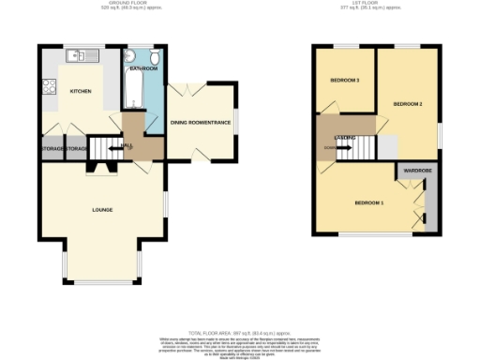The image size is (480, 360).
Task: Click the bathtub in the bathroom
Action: pos(131,92)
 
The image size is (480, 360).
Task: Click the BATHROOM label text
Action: pos(143,69)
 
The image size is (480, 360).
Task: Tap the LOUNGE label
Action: pos(103,209)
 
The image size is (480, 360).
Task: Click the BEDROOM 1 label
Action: pos(368,202)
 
